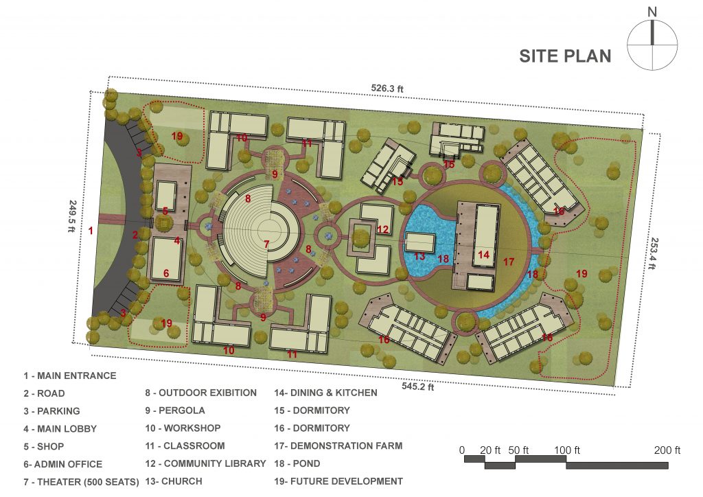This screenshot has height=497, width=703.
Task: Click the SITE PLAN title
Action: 565,56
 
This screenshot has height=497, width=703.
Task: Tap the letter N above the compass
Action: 652,12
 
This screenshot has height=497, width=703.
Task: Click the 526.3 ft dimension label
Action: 387,89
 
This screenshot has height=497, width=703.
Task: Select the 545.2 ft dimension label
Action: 417,386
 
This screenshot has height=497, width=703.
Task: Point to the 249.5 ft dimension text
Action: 72,216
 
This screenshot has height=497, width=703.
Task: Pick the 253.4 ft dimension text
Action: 653,253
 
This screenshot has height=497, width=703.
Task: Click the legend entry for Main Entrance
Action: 70,375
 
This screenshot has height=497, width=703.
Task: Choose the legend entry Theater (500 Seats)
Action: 81,482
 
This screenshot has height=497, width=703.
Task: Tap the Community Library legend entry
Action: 205,463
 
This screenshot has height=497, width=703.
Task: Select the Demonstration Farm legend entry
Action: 338,446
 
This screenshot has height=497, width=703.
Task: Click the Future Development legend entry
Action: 338,481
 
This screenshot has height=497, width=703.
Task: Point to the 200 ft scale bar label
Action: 667,450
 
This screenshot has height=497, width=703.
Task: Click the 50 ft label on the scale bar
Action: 518,450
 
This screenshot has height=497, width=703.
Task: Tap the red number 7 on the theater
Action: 266,244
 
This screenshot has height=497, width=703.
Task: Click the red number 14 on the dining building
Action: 483,255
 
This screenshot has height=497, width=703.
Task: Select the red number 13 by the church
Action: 419,256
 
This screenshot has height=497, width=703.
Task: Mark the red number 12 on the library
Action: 382,229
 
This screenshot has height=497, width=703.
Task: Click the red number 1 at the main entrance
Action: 91,231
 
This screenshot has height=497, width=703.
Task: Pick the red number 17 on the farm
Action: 509,262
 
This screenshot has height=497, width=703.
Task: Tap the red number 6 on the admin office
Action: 166,273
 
